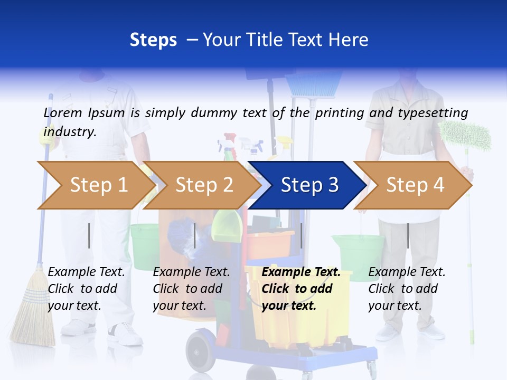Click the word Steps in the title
(153, 40)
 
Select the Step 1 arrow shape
(95, 185)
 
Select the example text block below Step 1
(86, 289)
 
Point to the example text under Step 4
(406, 289)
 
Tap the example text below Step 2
(191, 289)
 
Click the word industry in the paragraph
(70, 132)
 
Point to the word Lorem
(63, 113)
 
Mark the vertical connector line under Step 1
(89, 235)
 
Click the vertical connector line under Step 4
(408, 235)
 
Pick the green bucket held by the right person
(359, 253)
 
